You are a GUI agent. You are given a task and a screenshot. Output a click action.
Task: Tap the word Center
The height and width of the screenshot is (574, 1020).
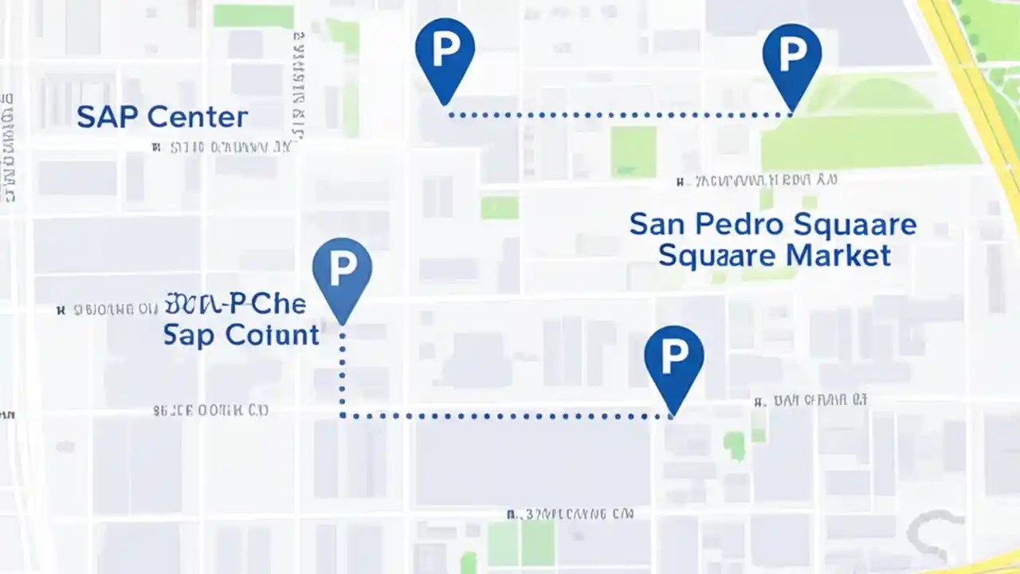coord(198,118)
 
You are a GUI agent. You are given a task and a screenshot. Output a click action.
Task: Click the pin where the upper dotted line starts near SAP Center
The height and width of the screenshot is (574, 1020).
coord(445,53)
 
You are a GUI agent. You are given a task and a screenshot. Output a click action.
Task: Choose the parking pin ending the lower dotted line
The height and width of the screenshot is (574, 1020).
coord(673,361)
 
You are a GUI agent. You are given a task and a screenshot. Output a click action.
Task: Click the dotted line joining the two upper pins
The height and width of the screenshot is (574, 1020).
coord(618,115)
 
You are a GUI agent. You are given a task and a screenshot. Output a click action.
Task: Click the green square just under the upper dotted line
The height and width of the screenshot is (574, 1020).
coord(634,151)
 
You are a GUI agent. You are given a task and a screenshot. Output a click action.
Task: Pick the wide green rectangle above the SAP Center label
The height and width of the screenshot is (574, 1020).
coord(253,16)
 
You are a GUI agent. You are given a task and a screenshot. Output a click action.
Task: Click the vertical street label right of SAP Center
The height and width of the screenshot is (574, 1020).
coord(300,88)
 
